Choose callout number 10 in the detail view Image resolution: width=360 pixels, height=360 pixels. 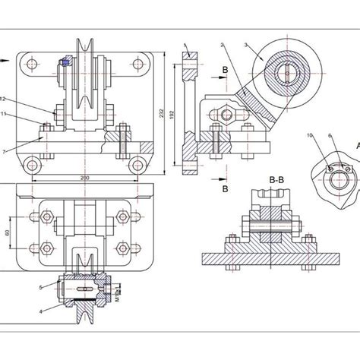310,135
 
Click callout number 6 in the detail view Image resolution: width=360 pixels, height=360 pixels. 329,135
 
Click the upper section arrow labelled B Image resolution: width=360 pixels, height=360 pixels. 225,70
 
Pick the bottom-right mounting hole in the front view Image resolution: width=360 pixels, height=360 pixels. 137,164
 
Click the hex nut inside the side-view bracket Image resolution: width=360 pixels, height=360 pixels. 226,115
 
